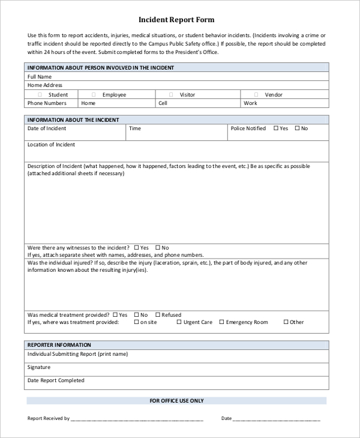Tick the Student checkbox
click(40, 95)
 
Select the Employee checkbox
click(94, 95)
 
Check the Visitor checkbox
click(170, 95)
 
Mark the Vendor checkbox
click(256, 95)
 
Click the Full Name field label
click(40, 77)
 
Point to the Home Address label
click(45, 85)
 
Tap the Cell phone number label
click(163, 103)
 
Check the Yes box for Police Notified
click(276, 128)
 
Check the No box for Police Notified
click(297, 128)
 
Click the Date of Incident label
click(47, 128)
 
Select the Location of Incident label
click(51, 145)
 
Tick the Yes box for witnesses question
click(137, 247)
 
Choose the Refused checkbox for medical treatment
click(158, 314)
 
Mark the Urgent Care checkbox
click(179, 322)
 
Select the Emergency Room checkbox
click(221, 322)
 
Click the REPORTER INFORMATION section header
click(59, 345)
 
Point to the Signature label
click(39, 367)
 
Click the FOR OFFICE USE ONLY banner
click(176, 400)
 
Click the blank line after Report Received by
click(137, 419)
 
